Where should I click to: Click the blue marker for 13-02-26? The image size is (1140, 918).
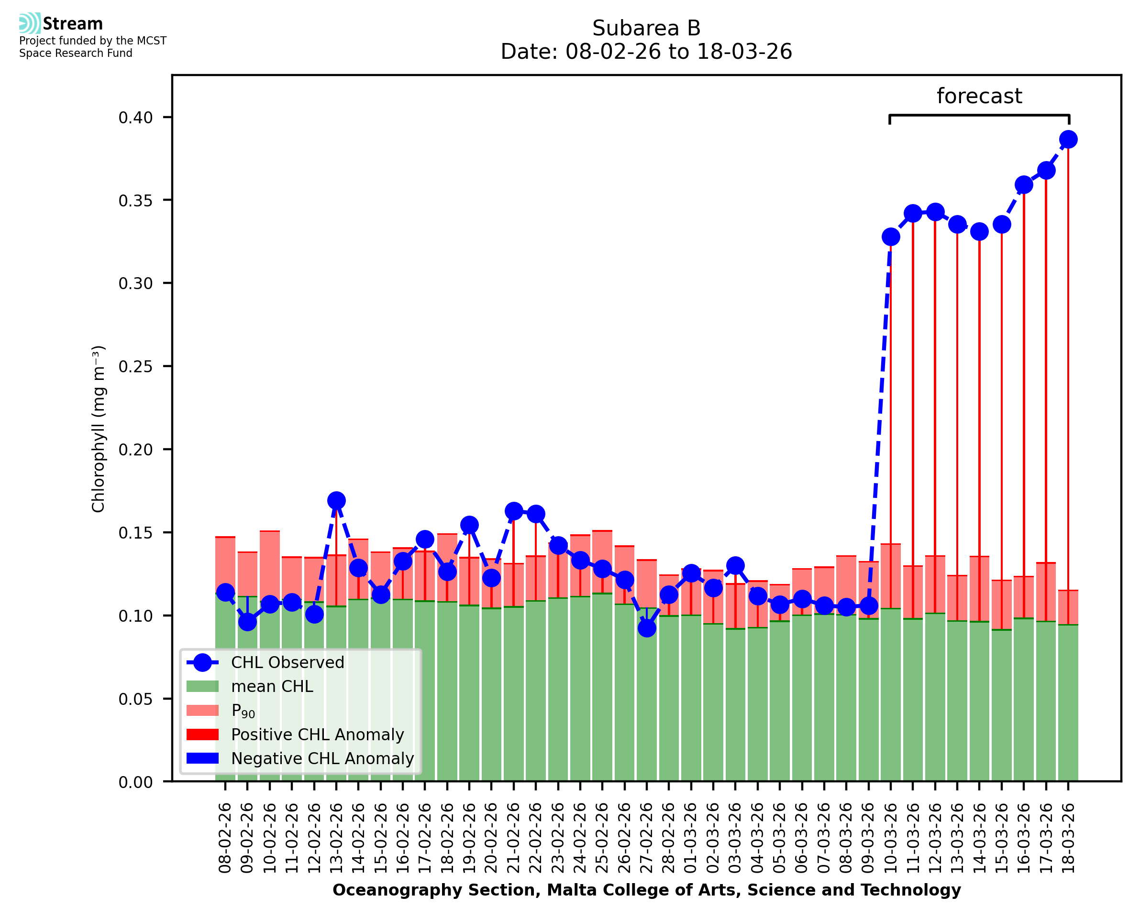[336, 500]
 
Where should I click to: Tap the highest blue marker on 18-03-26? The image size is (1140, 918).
[1068, 140]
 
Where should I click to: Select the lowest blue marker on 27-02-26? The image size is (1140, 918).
[647, 628]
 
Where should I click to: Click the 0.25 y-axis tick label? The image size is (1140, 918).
[136, 367]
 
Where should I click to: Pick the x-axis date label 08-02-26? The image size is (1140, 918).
[225, 838]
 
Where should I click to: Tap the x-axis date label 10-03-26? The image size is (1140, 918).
[891, 838]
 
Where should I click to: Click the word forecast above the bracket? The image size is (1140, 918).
[979, 96]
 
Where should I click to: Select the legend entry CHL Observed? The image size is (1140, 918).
[288, 663]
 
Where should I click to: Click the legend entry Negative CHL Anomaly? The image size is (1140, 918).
[322, 758]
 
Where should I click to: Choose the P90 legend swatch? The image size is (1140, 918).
[202, 710]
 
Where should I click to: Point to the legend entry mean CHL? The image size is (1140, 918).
[272, 686]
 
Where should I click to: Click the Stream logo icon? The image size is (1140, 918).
[30, 23]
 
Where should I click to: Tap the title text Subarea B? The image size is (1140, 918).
[646, 28]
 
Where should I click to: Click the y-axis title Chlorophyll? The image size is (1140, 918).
[99, 429]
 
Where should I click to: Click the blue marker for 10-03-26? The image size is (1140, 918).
[891, 237]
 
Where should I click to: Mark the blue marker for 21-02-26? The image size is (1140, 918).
[513, 511]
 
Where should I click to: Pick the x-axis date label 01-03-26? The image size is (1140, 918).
[691, 838]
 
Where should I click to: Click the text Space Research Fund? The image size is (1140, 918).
[76, 54]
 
